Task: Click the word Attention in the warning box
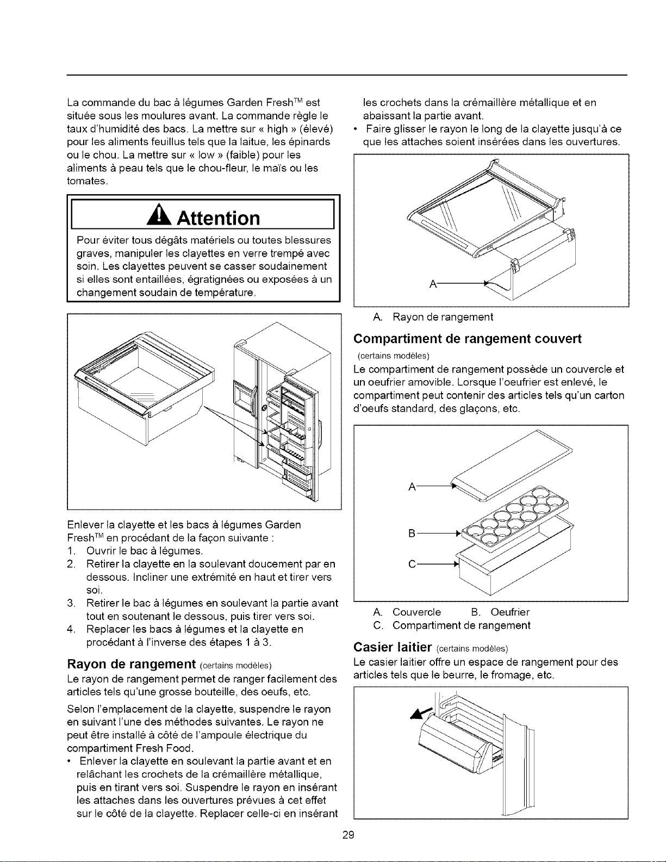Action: [x=218, y=218]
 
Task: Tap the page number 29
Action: [x=348, y=835]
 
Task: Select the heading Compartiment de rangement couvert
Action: [x=468, y=339]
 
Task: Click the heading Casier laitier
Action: [x=392, y=647]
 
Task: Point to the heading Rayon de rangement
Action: [x=131, y=663]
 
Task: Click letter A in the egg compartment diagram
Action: [x=412, y=487]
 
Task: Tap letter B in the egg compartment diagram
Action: [x=412, y=534]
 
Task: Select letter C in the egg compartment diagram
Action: [x=412, y=564]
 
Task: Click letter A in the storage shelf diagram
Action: [x=433, y=284]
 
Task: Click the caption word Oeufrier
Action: [x=510, y=612]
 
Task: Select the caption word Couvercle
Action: [x=416, y=612]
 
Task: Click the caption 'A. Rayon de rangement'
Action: [x=433, y=317]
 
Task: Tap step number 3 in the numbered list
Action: [x=71, y=603]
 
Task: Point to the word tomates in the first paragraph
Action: [x=87, y=181]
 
